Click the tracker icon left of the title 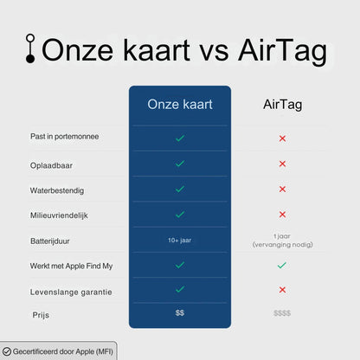[31, 49]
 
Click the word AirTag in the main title [281, 50]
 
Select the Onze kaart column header [179, 105]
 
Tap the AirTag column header [282, 105]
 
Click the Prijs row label [42, 314]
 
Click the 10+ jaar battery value [179, 240]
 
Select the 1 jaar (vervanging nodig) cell [282, 240]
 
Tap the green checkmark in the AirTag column [282, 265]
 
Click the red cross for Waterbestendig [282, 189]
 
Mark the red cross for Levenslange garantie [282, 290]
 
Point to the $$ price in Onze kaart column [179, 312]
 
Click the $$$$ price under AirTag [282, 312]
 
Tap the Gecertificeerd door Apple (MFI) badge [58, 351]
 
